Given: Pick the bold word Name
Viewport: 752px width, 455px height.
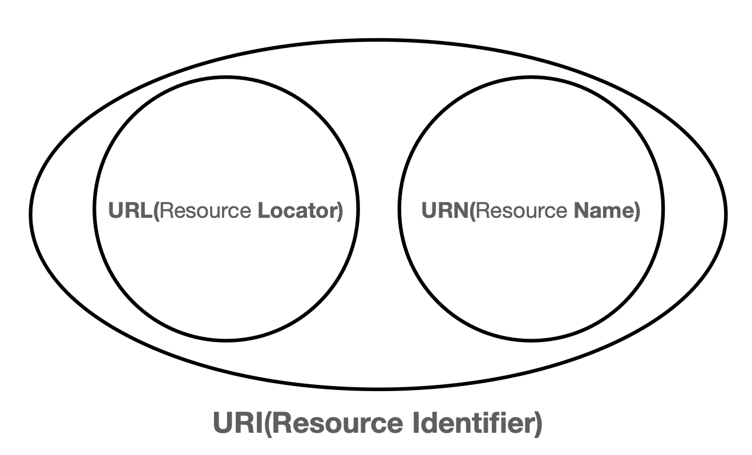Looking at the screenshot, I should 603,211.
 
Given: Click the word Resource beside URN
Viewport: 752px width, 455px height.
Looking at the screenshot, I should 521,211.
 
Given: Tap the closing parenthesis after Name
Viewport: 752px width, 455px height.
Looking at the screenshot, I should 637,211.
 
